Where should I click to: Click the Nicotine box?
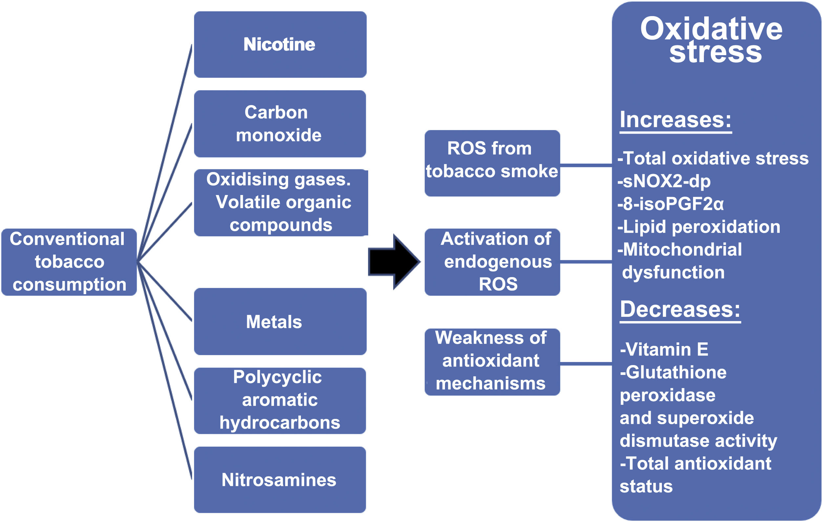tap(280, 44)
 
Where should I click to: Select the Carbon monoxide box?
tap(280, 123)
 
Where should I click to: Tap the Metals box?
tap(280, 321)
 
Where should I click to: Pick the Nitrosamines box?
tap(280, 479)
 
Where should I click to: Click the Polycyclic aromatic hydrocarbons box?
tap(280, 400)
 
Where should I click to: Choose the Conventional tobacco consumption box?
tap(69, 262)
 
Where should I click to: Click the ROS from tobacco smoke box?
tap(492, 163)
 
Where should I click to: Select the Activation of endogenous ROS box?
tap(492, 262)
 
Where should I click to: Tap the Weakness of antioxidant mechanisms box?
tap(492, 362)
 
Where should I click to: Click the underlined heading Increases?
tap(675, 120)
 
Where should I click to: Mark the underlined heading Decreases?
tap(680, 309)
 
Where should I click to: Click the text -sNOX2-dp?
tap(664, 181)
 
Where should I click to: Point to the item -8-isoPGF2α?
tap(670, 204)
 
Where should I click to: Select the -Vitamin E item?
tap(664, 349)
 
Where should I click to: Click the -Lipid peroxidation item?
tap(699, 227)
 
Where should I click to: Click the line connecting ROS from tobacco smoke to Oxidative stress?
tap(586, 165)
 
